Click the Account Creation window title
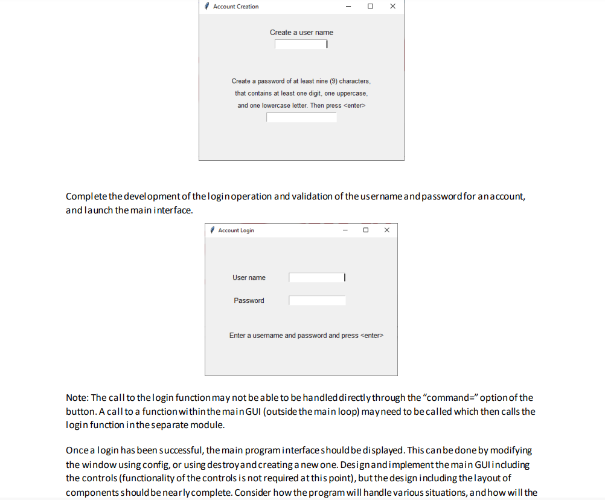point(235,7)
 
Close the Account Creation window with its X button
point(392,6)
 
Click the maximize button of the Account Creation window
point(370,6)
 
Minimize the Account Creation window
point(348,6)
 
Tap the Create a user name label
point(301,33)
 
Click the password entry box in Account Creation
point(301,117)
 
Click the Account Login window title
point(236,230)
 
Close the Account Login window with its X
point(387,230)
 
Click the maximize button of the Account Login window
point(366,230)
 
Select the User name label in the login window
point(249,278)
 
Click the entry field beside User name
point(316,278)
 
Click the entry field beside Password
point(317,300)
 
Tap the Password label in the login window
point(249,300)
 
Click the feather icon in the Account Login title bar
point(213,230)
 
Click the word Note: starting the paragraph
point(77,398)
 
